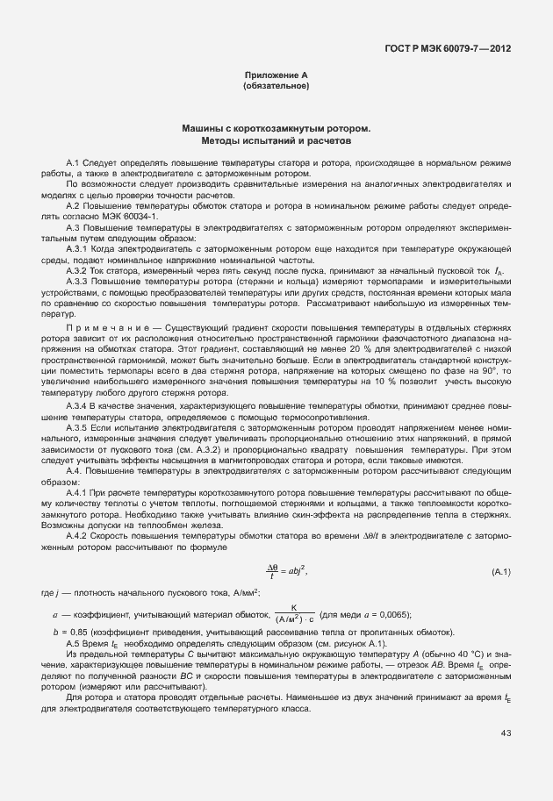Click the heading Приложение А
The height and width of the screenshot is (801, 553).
tap(276, 76)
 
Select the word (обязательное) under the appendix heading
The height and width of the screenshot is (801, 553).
tap(276, 87)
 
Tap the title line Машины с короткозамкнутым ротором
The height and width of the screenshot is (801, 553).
tap(276, 128)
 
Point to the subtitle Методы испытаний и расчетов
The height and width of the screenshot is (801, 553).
tap(276, 139)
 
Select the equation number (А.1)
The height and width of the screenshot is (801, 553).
tap(501, 572)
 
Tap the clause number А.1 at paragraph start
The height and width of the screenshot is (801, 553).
tap(74, 164)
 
